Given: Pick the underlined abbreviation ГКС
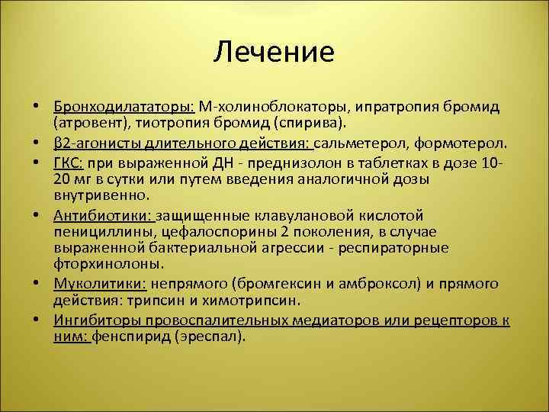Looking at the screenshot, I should click(69, 163).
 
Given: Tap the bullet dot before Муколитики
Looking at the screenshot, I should click(37, 284).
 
